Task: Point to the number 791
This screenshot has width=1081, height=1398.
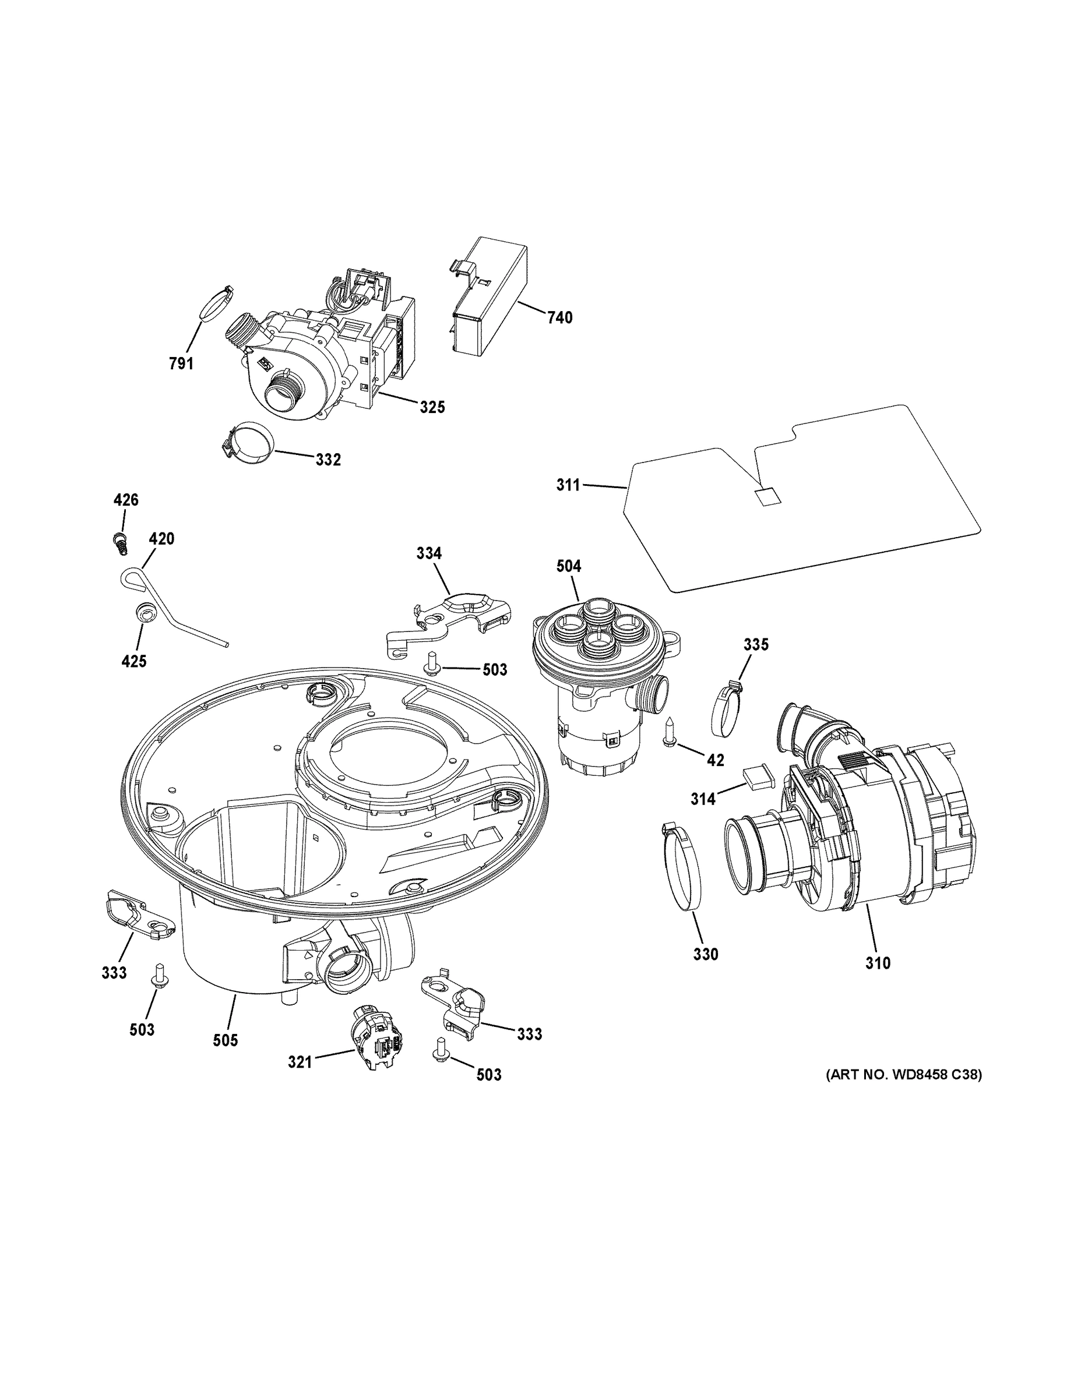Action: pos(181,363)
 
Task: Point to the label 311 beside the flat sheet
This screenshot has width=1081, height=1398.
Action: pos(568,485)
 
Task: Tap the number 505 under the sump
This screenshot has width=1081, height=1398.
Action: pos(225,1040)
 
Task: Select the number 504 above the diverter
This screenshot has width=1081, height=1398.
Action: pos(569,566)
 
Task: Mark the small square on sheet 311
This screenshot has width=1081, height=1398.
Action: pos(766,496)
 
